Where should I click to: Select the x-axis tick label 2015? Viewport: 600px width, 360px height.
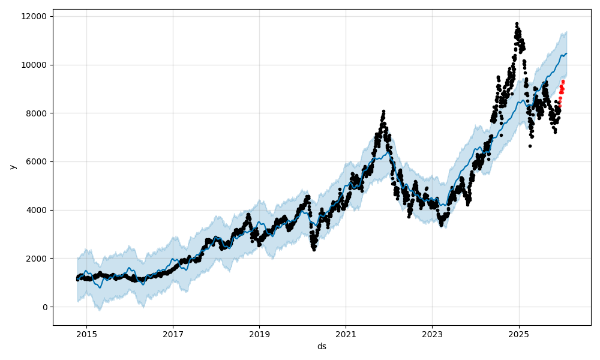(86, 334)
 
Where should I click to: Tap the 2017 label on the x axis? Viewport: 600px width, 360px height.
(173, 334)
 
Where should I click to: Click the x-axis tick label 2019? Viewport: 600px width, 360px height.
(259, 334)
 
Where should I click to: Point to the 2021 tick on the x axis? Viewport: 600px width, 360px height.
(346, 334)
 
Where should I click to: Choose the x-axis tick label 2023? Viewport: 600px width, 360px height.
(432, 334)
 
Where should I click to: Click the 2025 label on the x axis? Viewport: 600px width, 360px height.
(519, 334)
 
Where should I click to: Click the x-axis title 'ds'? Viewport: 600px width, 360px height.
(322, 346)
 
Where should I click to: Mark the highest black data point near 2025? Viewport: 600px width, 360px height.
(517, 23)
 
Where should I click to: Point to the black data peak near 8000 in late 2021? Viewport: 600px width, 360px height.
(383, 111)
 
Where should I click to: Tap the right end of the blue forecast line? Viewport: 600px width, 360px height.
(566, 53)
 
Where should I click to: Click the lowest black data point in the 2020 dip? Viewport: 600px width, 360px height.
(314, 249)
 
